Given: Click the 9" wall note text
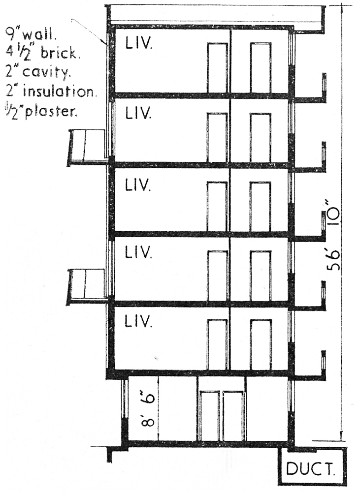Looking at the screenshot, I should point(31,36).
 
